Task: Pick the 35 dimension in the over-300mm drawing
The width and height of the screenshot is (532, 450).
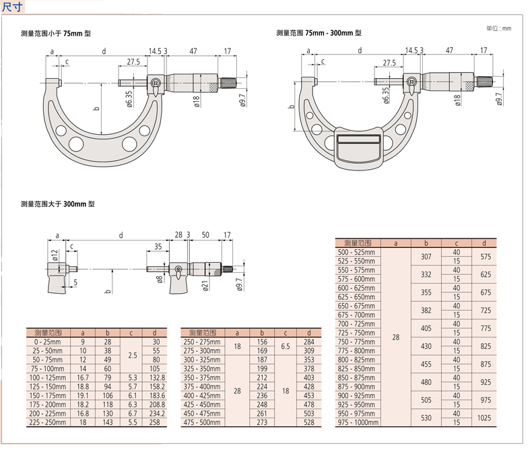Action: [x=158, y=247]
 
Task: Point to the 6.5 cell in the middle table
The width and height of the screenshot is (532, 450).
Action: [x=286, y=346]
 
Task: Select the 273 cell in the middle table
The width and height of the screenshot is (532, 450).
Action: [x=262, y=422]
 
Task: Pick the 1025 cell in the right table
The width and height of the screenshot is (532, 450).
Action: [x=484, y=418]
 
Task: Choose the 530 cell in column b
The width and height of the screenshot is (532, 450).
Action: [x=426, y=418]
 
